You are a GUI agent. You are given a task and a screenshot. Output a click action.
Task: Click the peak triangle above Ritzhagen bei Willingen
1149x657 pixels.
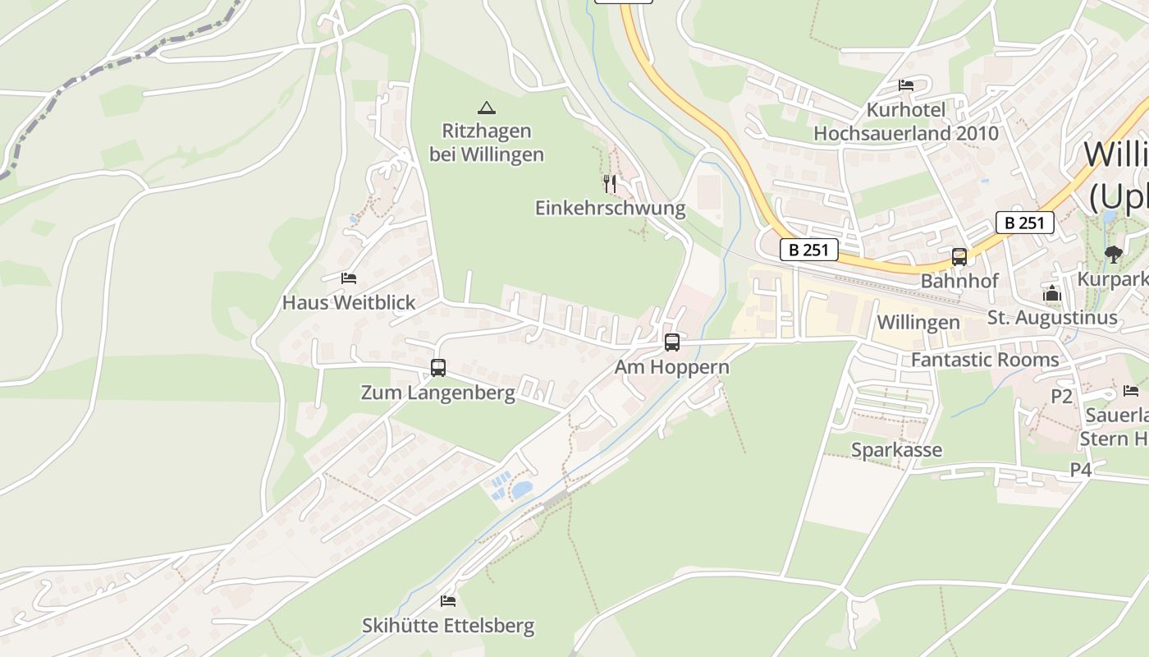[487, 108]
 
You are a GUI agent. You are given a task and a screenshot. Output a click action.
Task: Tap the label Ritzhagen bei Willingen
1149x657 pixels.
[487, 142]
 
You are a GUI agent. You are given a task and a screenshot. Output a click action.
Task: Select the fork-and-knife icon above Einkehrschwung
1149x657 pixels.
[609, 183]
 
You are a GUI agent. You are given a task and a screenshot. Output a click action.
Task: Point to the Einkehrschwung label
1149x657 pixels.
[610, 208]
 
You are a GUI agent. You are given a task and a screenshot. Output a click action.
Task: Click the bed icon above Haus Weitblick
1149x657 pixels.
[349, 279]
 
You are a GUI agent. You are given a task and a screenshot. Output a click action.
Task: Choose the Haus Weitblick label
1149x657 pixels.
[349, 303]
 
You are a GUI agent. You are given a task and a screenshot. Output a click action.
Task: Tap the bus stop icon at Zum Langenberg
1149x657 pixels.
[438, 367]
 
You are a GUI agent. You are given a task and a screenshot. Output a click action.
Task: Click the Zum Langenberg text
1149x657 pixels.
[438, 393]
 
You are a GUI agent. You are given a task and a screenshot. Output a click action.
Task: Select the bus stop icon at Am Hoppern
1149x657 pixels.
[672, 342]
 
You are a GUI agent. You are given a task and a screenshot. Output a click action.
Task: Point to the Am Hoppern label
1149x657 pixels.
[672, 367]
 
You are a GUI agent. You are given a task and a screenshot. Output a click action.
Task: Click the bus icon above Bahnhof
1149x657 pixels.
[959, 257]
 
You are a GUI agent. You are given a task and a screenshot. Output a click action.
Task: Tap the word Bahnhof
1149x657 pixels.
[959, 281]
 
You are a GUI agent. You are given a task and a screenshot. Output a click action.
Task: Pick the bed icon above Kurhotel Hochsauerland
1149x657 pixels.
[906, 85]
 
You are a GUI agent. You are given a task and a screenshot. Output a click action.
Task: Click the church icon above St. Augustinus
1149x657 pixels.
[1052, 293]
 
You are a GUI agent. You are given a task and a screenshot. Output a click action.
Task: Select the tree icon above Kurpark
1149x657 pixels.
[1113, 255]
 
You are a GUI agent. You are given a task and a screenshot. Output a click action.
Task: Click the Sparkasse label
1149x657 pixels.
[896, 450]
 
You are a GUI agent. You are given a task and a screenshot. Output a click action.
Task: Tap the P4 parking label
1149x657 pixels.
[1081, 470]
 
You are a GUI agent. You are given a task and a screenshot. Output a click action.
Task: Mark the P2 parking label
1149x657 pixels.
[1062, 397]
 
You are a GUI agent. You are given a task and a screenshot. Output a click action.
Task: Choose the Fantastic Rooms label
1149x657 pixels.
[985, 360]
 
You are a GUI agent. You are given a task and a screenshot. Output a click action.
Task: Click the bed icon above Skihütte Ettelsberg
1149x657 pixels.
[448, 601]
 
